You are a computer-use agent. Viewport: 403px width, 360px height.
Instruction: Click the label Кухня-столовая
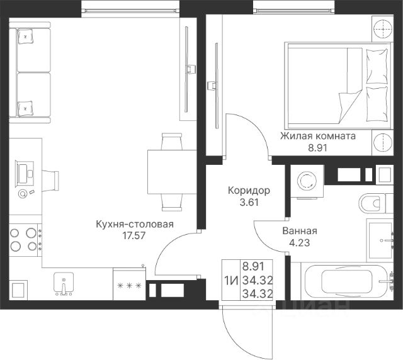click(x=135, y=224)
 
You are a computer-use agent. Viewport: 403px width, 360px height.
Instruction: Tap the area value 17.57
click(x=134, y=235)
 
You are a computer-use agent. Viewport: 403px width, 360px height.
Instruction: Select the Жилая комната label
click(x=318, y=136)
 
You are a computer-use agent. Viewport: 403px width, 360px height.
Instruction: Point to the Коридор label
click(x=249, y=191)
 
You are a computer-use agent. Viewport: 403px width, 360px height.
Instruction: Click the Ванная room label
click(x=300, y=231)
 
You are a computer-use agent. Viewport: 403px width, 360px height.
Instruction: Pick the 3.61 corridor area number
click(x=249, y=203)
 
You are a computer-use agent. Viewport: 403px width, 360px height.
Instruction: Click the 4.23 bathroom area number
click(x=300, y=242)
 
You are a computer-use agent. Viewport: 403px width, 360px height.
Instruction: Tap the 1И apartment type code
click(x=231, y=280)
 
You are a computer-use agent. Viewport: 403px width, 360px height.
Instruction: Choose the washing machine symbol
click(x=307, y=181)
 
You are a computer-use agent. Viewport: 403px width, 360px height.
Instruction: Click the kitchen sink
click(x=64, y=283)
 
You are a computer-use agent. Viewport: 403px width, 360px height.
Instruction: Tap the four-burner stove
click(x=25, y=240)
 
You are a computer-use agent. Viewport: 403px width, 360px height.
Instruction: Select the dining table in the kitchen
click(x=172, y=172)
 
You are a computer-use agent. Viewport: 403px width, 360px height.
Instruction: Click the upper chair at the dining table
click(x=172, y=141)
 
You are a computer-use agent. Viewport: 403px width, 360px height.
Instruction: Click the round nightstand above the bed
click(x=383, y=29)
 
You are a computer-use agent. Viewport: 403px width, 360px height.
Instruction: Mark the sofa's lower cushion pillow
click(x=25, y=109)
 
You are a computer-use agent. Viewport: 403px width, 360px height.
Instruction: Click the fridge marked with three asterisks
click(x=129, y=284)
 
